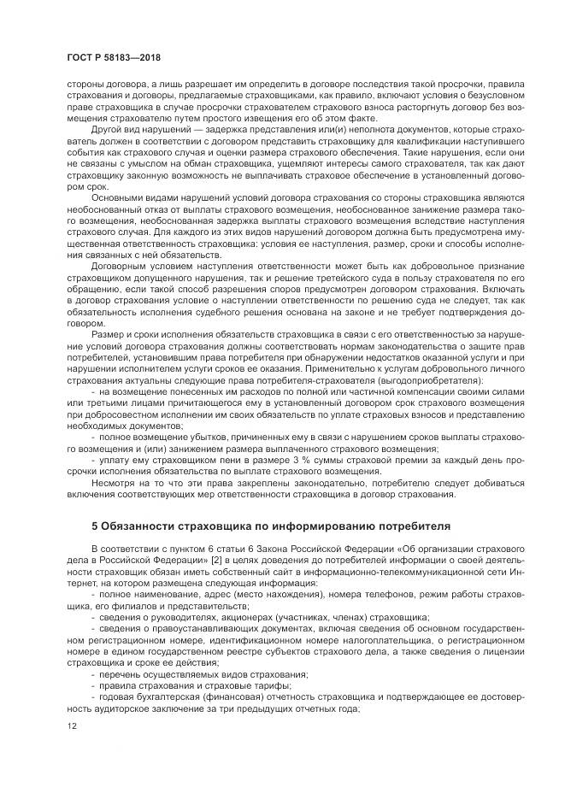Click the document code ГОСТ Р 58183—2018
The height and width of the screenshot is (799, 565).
click(113, 58)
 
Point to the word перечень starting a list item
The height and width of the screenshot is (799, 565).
click(121, 674)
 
